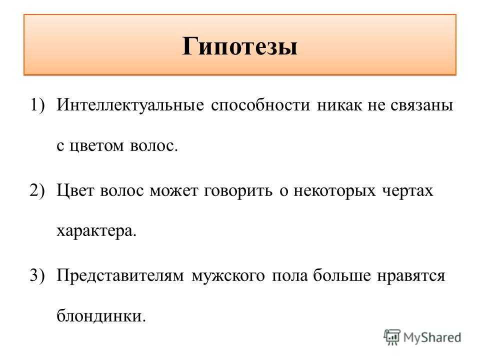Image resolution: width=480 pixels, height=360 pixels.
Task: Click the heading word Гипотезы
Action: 239,46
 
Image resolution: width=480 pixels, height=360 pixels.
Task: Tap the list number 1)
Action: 37,105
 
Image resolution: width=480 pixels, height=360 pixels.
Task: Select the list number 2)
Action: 37,190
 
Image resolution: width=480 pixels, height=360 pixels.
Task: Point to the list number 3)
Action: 37,275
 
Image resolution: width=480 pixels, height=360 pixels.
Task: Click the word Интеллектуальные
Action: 130,105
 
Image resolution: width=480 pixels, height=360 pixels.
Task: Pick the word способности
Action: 260,105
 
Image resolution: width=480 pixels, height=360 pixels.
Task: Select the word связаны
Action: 422,106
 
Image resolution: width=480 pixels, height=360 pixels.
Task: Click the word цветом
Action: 96,146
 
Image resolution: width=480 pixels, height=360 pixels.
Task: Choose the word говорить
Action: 238,192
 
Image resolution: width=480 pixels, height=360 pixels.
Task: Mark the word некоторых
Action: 334,192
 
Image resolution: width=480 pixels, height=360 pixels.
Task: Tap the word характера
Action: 96,231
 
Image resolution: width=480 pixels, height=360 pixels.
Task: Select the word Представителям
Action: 120,276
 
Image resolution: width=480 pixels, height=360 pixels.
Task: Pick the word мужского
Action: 228,276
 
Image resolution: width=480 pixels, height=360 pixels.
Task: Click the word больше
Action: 341,275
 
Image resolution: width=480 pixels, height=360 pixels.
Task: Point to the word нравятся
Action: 411,276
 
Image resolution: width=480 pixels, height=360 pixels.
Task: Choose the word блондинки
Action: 101,315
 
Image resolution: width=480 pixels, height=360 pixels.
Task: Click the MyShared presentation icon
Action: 392,337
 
